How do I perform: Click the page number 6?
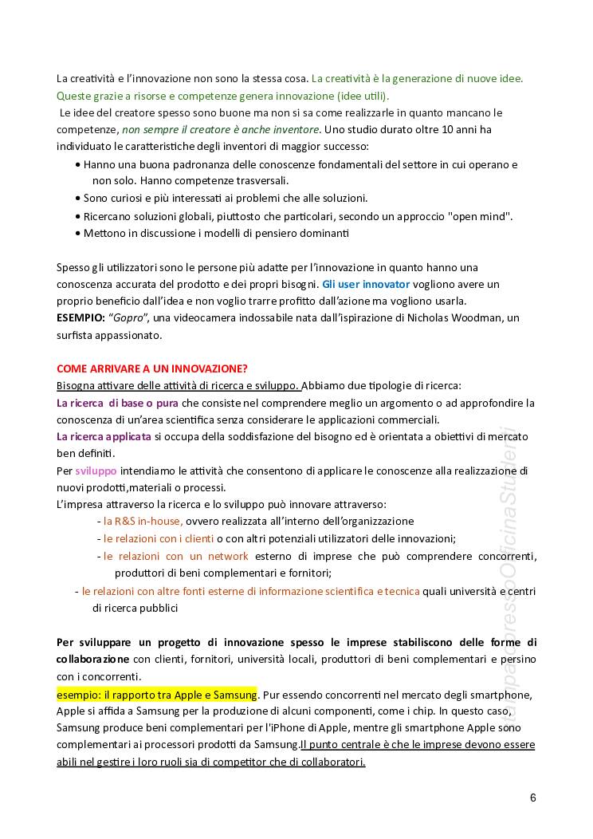(532, 798)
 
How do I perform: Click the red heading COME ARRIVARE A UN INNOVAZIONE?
(152, 368)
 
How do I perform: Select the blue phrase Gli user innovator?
(366, 284)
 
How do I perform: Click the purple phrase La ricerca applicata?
(104, 436)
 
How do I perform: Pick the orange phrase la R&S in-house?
(143, 521)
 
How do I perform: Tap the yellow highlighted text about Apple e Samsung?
(157, 694)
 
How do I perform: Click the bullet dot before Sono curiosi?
(77, 199)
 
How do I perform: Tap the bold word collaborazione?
(92, 660)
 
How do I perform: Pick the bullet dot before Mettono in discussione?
(77, 234)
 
